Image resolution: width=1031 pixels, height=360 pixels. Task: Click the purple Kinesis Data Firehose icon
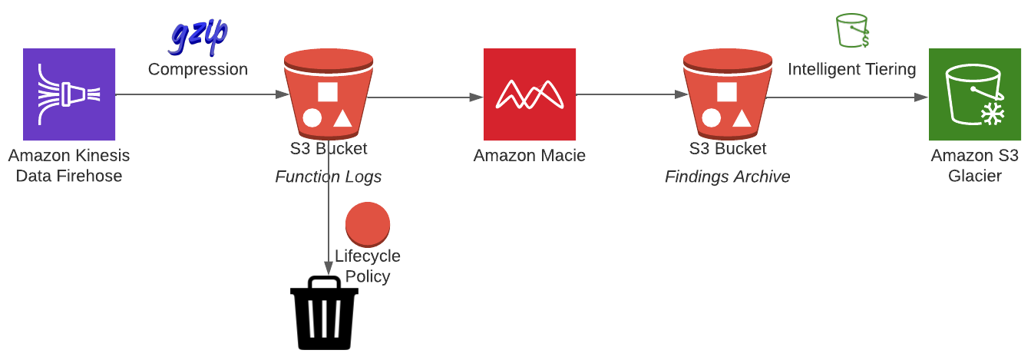[69, 94]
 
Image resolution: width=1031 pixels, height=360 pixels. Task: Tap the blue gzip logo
[198, 37]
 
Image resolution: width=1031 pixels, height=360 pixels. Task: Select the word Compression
[198, 69]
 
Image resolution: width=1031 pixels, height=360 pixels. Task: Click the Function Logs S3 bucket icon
[329, 94]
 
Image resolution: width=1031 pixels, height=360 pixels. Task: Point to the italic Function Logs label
[328, 177]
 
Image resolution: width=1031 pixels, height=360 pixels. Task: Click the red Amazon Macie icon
[529, 94]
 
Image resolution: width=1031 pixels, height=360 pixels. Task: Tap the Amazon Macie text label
[529, 156]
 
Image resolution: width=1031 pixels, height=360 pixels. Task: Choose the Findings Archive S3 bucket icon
[728, 94]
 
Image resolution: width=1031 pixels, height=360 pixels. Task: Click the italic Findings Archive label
[728, 177]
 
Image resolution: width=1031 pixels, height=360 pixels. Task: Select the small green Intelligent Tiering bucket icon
[852, 31]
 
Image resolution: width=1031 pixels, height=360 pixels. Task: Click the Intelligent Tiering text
[852, 69]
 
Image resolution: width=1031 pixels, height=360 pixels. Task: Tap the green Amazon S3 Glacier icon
[975, 94]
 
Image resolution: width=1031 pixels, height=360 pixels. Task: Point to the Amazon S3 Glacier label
[975, 166]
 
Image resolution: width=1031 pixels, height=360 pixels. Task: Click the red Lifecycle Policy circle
[368, 224]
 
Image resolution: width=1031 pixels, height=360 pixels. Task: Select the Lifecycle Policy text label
[368, 266]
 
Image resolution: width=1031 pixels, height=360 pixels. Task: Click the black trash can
[324, 313]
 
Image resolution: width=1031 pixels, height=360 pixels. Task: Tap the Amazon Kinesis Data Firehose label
[69, 166]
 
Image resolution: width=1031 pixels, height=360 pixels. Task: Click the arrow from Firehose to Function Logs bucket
[202, 94]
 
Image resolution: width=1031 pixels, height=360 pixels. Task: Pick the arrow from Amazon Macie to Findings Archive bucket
[632, 94]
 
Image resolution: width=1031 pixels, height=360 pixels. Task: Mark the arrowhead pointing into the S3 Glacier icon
[921, 97]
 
